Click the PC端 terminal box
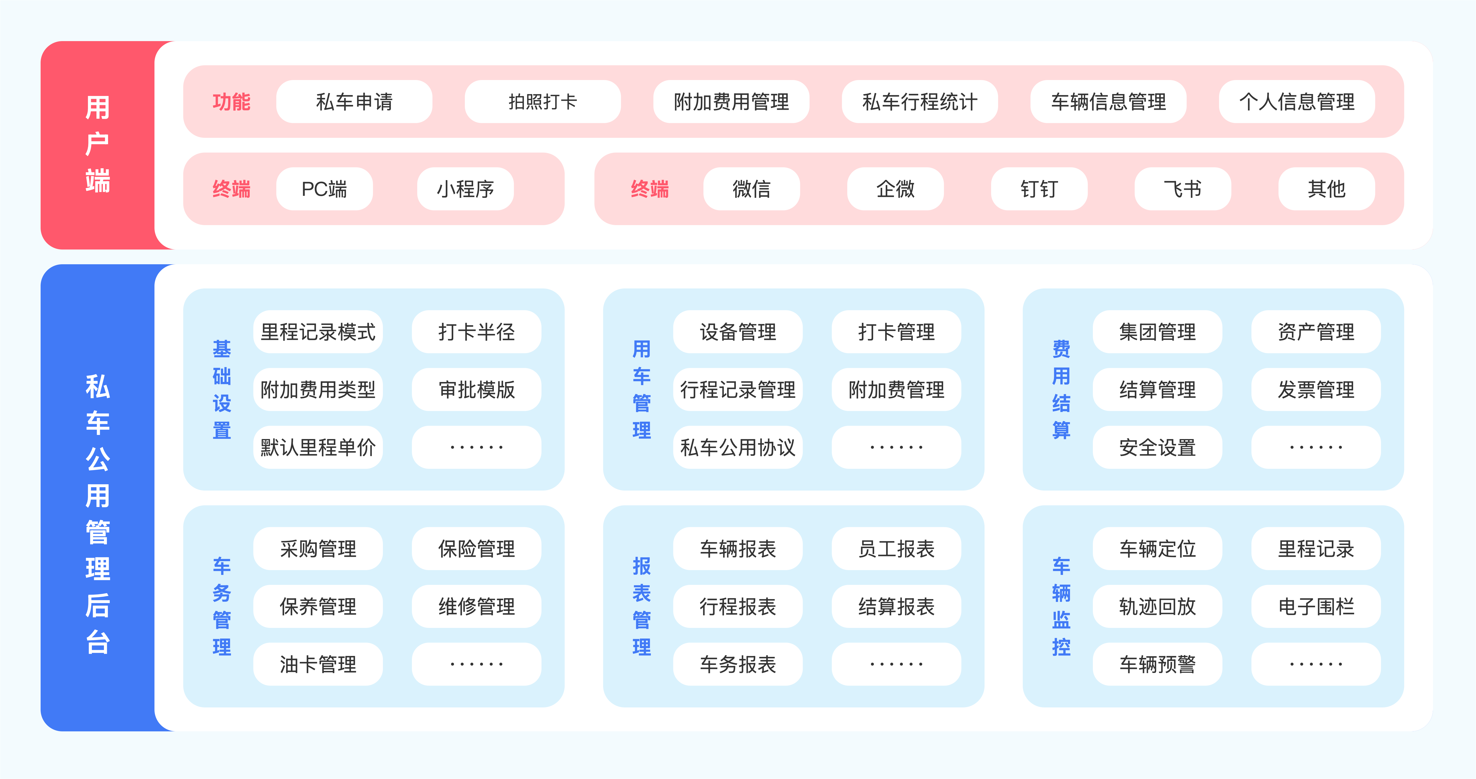[x=324, y=189]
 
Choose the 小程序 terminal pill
[x=465, y=189]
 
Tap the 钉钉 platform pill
[x=1039, y=189]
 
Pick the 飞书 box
[x=1183, y=189]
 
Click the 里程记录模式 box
[x=318, y=332]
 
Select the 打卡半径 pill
[x=476, y=332]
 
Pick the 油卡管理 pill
[x=318, y=664]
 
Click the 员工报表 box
[x=896, y=549]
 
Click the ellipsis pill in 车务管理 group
[x=476, y=664]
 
